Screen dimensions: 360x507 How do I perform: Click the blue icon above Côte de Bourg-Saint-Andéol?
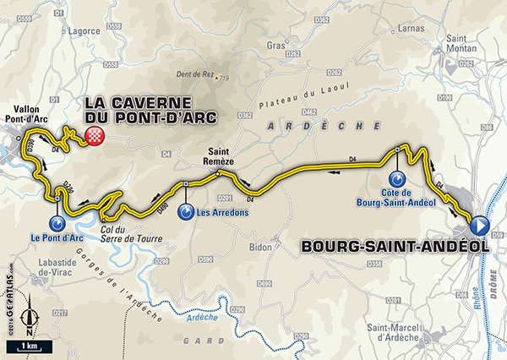pos(396,180)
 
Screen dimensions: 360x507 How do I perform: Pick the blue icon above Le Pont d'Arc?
pos(57,224)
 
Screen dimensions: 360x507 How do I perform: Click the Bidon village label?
pos(262,248)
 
